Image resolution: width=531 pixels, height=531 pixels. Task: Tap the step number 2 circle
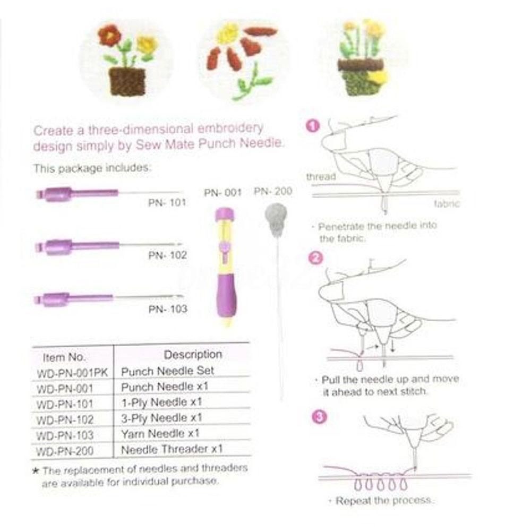(x=315, y=259)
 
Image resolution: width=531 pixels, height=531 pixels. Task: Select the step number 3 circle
(x=319, y=417)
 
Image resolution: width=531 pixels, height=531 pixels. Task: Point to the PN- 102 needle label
(x=167, y=255)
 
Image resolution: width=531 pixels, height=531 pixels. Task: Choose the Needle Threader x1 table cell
(x=172, y=449)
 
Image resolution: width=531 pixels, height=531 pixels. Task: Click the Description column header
(x=193, y=354)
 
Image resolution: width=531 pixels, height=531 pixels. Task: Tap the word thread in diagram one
(x=321, y=177)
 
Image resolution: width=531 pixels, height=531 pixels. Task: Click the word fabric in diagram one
(x=446, y=204)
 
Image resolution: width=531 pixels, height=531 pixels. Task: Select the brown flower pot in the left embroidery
(x=127, y=82)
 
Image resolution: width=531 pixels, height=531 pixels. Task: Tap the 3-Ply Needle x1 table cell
(x=161, y=417)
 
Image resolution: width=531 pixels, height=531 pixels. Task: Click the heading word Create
(x=50, y=130)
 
